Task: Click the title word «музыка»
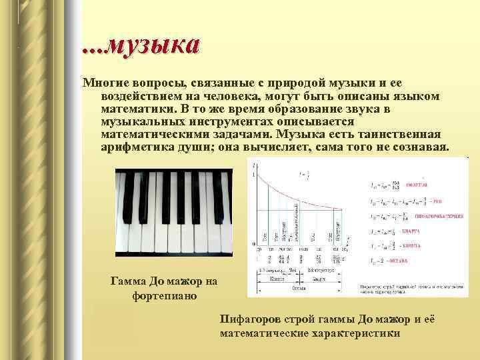(x=153, y=46)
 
